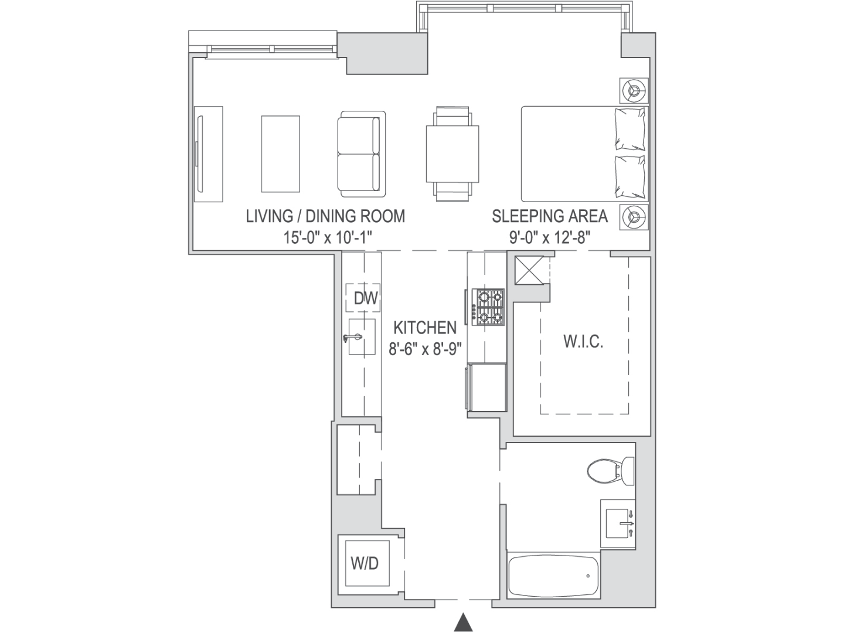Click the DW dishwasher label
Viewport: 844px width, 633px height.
click(366, 298)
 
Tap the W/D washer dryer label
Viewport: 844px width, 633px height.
click(365, 563)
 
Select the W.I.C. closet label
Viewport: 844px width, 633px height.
click(583, 341)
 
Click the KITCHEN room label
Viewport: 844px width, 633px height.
click(425, 328)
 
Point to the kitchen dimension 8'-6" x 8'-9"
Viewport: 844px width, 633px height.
click(425, 349)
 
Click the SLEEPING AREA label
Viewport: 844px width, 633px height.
click(550, 216)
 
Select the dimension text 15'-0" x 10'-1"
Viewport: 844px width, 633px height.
click(328, 237)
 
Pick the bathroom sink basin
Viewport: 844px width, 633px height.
click(618, 523)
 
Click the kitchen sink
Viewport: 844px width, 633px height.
click(362, 337)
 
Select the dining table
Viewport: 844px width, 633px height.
click(452, 154)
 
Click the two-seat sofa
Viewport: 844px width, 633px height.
click(362, 154)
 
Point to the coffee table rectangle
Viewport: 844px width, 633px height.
click(280, 154)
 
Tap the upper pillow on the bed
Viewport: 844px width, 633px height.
click(630, 129)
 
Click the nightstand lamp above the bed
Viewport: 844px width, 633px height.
click(634, 91)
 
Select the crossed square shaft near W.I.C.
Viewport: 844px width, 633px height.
click(529, 270)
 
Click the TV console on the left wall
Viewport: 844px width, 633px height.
click(208, 154)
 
